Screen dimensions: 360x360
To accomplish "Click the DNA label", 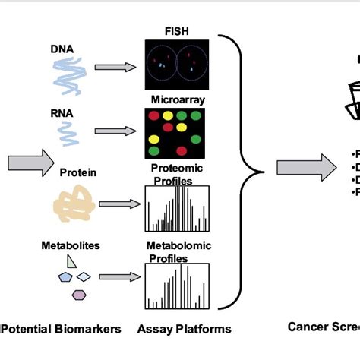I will coord(62,49).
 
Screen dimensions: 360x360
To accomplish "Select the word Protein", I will coord(78,172).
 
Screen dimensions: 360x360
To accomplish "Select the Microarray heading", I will coord(177,99).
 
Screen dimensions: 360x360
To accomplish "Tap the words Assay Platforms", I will coord(184,329).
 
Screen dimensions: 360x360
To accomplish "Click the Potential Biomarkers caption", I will coord(62,329).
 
